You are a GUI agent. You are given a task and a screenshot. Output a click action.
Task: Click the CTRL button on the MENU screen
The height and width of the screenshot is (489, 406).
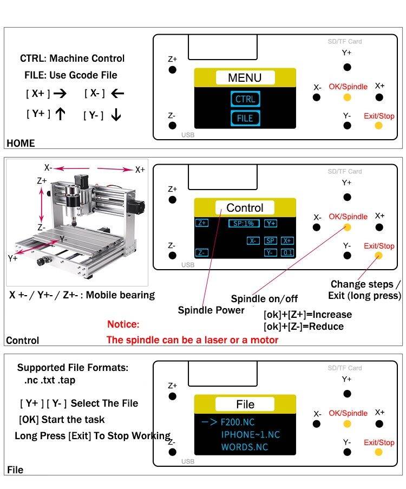245,99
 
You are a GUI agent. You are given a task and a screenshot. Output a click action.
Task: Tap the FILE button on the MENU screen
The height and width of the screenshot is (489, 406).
245,118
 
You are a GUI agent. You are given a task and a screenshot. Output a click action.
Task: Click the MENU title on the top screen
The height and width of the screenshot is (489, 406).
245,77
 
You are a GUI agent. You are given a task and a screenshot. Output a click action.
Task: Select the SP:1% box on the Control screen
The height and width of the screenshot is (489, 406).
244,223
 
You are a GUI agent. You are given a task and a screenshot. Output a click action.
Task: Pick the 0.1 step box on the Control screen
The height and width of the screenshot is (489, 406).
287,252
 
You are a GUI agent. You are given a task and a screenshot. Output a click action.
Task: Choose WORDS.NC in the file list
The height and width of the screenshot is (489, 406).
245,447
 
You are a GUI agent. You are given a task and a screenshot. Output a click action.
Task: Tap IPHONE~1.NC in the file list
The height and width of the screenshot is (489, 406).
251,434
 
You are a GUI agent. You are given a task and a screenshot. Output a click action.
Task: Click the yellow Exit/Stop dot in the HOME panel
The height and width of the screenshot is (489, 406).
379,126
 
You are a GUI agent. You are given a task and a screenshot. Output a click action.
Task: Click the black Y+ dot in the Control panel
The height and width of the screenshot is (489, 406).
347,197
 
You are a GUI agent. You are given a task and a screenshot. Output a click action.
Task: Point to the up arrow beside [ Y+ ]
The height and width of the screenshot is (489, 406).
61,114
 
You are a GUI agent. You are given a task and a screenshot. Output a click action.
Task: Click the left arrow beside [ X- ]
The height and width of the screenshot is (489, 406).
117,93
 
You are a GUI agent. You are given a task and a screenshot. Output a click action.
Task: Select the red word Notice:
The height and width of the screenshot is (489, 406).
123,324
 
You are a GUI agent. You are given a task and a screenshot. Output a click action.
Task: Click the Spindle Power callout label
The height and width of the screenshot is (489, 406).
211,310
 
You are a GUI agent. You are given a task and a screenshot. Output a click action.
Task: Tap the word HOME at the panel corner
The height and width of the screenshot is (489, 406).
21,144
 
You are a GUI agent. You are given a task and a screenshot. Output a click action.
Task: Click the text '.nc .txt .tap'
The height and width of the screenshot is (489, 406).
50,380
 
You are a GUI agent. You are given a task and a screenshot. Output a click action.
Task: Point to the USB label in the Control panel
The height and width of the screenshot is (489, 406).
188,265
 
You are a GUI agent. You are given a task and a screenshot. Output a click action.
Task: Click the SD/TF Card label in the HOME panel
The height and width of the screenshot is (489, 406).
345,42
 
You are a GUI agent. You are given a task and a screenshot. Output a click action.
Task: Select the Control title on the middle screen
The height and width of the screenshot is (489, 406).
245,207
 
